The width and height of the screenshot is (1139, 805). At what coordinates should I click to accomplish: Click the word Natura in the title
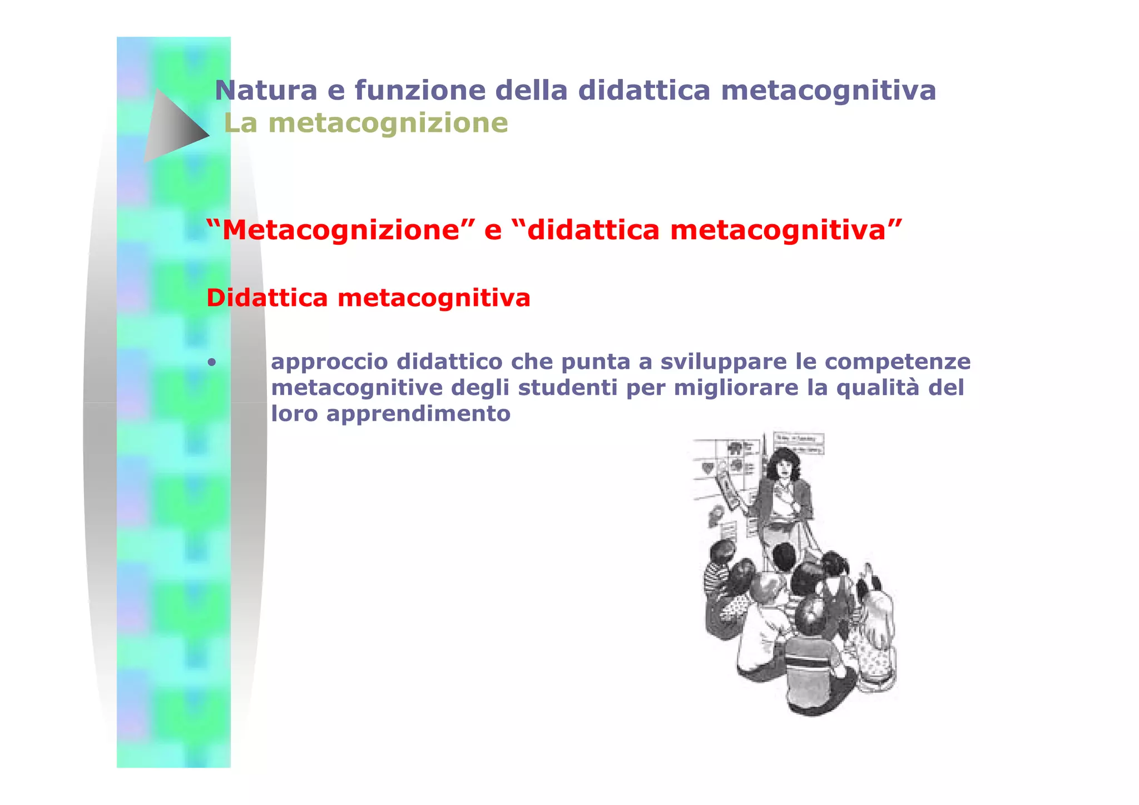point(266,90)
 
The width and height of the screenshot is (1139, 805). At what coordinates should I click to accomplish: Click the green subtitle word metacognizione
point(388,123)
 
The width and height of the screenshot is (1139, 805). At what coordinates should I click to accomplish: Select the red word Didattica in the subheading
point(267,298)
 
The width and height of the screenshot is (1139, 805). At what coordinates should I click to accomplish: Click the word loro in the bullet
point(294,413)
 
